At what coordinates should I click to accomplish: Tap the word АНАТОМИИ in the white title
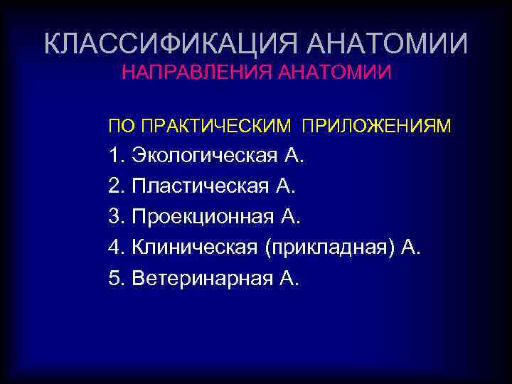tap(388, 44)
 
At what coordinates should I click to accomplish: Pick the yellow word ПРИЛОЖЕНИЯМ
tap(376, 127)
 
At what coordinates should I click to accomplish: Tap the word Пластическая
tap(200, 186)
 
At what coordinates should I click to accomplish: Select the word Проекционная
tap(203, 217)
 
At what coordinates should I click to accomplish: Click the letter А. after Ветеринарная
tap(290, 278)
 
